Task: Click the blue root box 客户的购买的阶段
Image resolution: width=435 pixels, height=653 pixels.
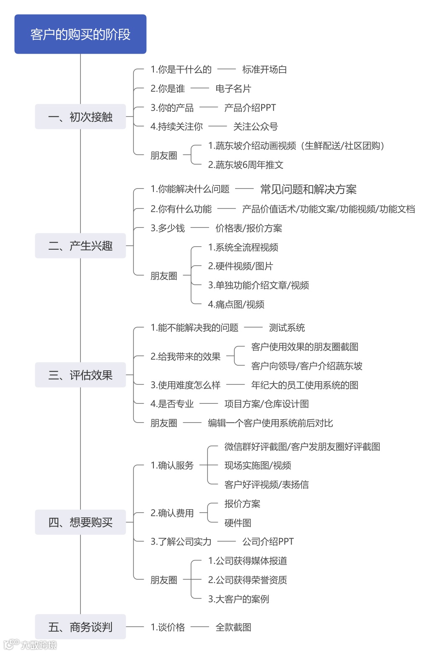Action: [x=80, y=34]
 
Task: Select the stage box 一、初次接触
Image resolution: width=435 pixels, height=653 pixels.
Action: [x=80, y=116]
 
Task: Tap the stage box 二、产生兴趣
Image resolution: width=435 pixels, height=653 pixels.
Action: [x=80, y=245]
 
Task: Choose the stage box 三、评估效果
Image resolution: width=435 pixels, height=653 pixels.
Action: [x=80, y=374]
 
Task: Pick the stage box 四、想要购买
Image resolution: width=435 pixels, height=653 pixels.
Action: [x=80, y=522]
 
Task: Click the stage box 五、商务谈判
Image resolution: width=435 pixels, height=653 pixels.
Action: [x=80, y=627]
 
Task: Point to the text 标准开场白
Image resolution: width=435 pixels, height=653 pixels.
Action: [x=264, y=70]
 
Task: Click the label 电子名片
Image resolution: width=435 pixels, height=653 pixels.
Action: [x=233, y=88]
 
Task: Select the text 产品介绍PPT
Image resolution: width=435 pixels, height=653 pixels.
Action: [x=250, y=108]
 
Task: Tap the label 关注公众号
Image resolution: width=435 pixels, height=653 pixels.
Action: [x=255, y=126]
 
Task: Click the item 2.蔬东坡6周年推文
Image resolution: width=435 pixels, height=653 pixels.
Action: [x=246, y=165]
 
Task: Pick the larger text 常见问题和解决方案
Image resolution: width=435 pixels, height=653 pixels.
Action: [x=308, y=189]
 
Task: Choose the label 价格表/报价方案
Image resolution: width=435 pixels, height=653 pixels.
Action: [x=249, y=228]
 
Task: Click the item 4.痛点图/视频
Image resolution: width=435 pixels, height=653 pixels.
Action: [x=236, y=305]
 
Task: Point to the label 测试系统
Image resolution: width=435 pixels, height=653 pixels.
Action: [x=287, y=328]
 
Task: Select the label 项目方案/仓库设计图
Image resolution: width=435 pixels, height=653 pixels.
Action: [x=267, y=404]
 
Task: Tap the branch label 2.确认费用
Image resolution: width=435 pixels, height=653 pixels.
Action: [x=172, y=513]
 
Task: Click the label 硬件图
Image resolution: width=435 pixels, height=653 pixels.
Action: [x=238, y=523]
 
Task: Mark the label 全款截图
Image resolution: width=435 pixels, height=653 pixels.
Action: [x=233, y=627]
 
